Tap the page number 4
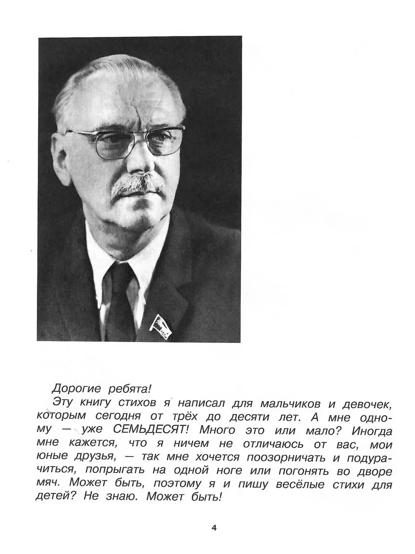coord(213,528)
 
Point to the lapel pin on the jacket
coord(160,325)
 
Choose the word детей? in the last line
coord(58,499)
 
